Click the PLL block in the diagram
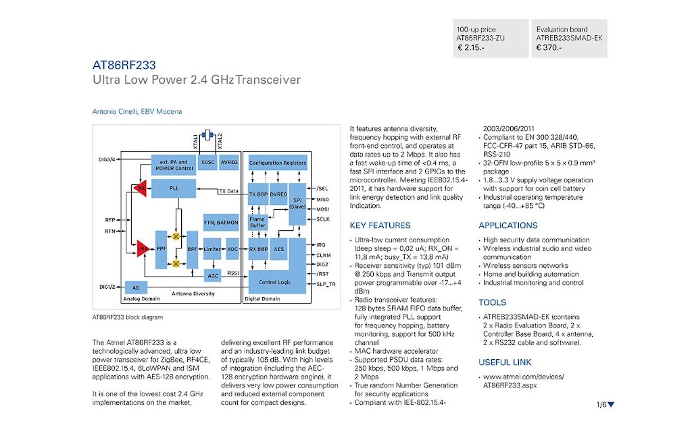pos(174,189)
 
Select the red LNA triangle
pos(143,248)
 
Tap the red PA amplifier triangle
pos(141,188)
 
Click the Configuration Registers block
pos(278,163)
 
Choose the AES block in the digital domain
pos(279,249)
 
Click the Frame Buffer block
pos(257,222)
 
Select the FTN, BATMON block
pos(221,223)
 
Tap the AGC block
pos(213,276)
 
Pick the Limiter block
pos(212,249)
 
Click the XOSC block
pos(207,162)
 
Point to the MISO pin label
pos(322,199)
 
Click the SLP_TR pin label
pos(326,284)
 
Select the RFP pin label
pos(110,219)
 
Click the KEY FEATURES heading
pos(380,225)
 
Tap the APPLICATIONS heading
pos(508,225)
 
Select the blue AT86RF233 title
pos(124,65)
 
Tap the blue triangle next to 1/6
pos(611,404)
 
